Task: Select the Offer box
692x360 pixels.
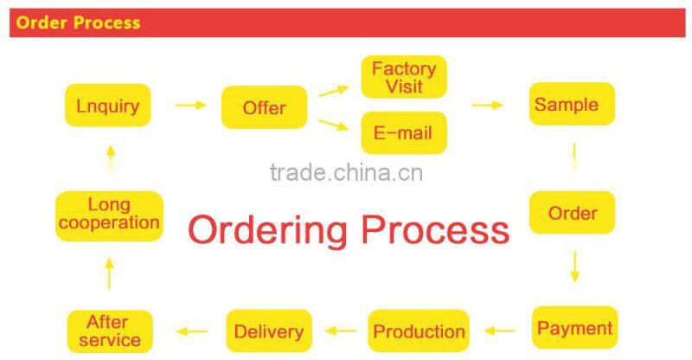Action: [x=264, y=108]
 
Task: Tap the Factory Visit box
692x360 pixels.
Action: [x=404, y=77]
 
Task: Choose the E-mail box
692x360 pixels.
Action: [x=403, y=133]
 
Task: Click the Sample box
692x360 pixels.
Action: [x=572, y=105]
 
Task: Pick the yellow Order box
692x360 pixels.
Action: [x=573, y=213]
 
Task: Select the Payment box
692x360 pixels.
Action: [x=574, y=328]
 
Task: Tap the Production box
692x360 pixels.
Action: [x=419, y=331]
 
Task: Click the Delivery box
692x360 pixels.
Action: [x=268, y=331]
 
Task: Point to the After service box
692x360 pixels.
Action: [x=110, y=331]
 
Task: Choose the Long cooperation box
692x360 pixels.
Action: [x=109, y=215]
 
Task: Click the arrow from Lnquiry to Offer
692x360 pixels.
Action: [x=191, y=106]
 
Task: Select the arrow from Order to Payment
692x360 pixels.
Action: [x=574, y=267]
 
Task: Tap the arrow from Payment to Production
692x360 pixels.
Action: [x=499, y=330]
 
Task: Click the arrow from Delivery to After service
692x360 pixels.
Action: [x=191, y=331]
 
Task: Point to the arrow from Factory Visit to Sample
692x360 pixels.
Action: [x=487, y=106]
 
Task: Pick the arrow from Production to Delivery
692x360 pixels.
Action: [x=340, y=331]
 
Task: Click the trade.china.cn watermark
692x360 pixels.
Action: [x=346, y=172]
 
